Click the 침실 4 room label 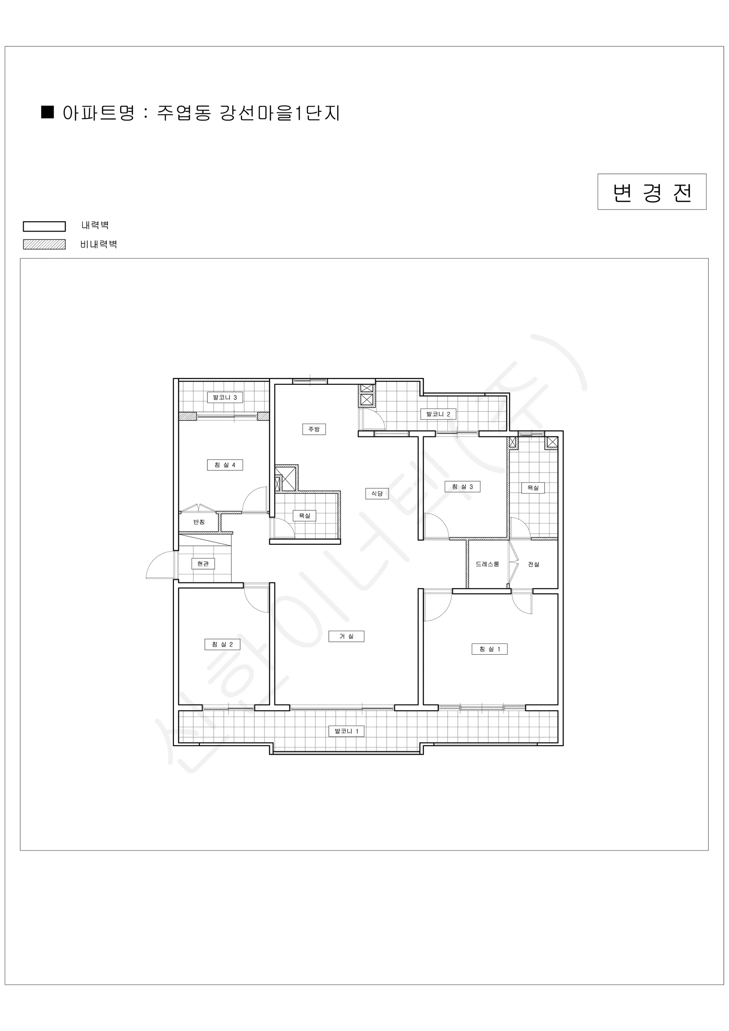(225, 465)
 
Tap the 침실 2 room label (222, 644)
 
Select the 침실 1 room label (489, 649)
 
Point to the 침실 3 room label (462, 487)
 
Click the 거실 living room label (346, 636)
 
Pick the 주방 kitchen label (314, 429)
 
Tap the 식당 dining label (377, 494)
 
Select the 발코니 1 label (346, 731)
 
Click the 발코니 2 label (438, 414)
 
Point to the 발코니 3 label (225, 397)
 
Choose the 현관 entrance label (203, 564)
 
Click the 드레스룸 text (487, 564)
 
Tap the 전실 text (534, 564)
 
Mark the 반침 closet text (199, 522)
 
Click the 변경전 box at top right (652, 192)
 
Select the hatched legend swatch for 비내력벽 (45, 244)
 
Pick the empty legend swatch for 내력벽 (45, 226)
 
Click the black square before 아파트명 (48, 112)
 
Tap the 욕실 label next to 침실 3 (533, 488)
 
